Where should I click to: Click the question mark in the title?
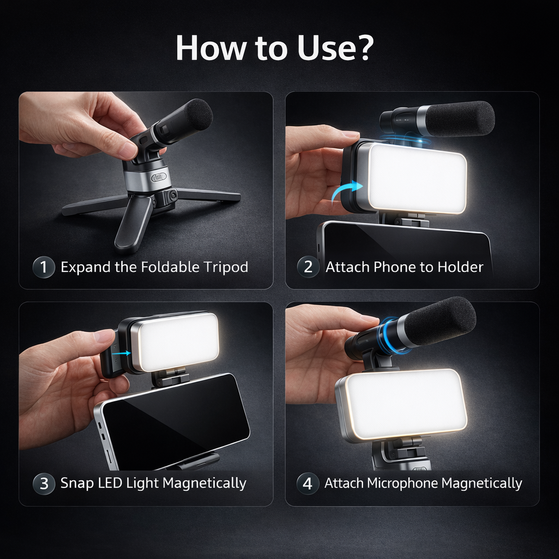pos(361,48)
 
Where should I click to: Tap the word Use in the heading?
pos(322,48)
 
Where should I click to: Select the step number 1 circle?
pos(44,267)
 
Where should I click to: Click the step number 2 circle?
pos(308,267)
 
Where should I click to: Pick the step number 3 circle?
pos(44,484)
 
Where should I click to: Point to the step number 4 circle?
pos(308,484)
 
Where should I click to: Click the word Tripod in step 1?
pos(225,267)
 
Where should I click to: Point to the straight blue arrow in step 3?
pos(121,353)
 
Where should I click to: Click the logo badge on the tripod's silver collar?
pos(159,177)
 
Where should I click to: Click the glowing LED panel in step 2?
pos(417,178)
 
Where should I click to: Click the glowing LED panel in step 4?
pos(406,405)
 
